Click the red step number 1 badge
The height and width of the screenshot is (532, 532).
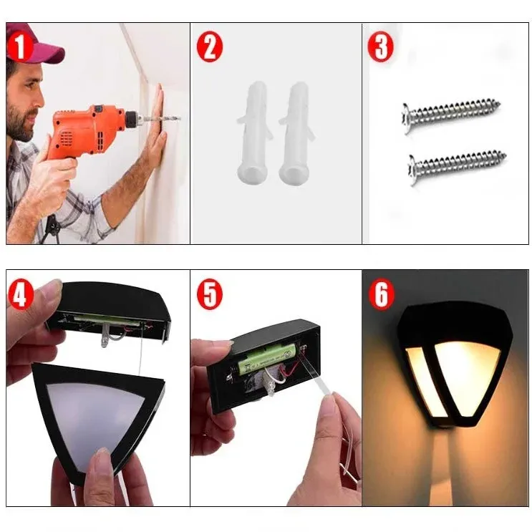[19, 46]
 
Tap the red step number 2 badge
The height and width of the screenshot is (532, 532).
[210, 47]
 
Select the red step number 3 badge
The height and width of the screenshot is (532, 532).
[381, 47]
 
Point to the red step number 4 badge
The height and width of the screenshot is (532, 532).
[20, 294]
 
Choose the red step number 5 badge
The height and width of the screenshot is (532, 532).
[210, 294]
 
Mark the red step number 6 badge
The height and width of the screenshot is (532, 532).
[381, 294]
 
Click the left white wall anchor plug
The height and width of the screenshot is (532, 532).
[253, 132]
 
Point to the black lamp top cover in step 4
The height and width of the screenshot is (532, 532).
[110, 311]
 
